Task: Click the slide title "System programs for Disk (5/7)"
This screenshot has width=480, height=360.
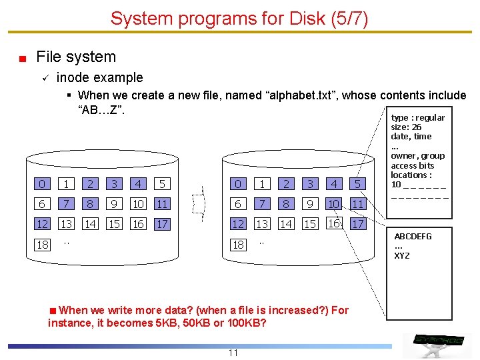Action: (x=239, y=18)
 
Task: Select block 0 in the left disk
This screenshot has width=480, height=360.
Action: (x=43, y=184)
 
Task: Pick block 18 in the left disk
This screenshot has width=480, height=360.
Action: (x=43, y=245)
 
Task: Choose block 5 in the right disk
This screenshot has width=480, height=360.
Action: (x=358, y=184)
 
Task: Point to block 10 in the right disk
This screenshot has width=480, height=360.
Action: (x=335, y=203)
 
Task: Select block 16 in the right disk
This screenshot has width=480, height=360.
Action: (x=335, y=223)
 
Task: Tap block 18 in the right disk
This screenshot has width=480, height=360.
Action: (x=238, y=245)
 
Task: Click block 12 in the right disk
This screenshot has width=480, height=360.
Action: (x=238, y=224)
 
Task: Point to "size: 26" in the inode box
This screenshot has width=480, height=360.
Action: (x=406, y=127)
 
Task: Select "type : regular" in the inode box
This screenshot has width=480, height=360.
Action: (x=418, y=118)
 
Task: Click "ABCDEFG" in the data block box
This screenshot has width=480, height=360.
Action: (x=413, y=237)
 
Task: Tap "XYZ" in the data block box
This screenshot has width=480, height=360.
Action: (x=402, y=256)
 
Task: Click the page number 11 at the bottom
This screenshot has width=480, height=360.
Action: (x=233, y=353)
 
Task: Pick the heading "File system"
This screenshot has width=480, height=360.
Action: (x=76, y=57)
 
